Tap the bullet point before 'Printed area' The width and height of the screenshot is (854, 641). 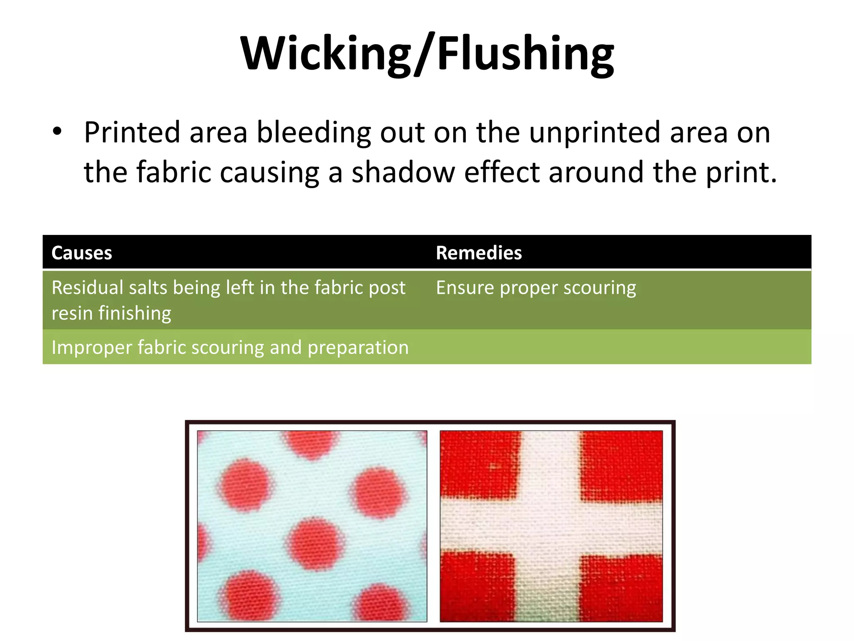[57, 132]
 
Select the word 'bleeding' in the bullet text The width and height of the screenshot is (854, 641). [313, 133]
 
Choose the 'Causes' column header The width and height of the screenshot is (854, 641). [82, 253]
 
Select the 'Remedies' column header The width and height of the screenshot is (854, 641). [479, 253]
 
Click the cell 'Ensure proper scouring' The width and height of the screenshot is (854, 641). [536, 288]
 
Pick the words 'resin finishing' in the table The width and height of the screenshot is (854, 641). [111, 313]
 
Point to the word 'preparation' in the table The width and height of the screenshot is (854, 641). [358, 348]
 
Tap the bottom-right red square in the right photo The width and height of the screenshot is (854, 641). [621, 588]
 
